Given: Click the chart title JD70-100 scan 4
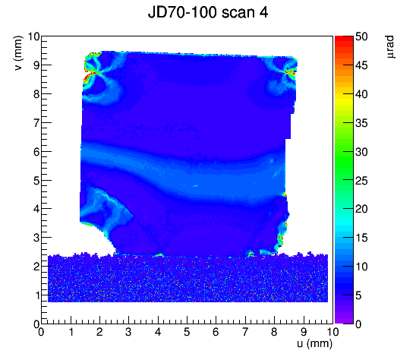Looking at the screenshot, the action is (208, 12).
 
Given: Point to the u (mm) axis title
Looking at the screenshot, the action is (314, 344).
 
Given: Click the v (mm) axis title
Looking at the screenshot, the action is (18, 53).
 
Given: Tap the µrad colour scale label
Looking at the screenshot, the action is (390, 47).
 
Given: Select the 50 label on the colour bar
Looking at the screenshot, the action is (361, 36).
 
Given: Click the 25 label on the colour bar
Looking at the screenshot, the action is (361, 181).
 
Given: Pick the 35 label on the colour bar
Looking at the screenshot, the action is (361, 123).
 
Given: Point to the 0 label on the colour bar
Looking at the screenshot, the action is (358, 324).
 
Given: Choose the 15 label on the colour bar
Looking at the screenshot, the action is (361, 238).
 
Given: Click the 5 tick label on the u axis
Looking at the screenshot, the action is (187, 332).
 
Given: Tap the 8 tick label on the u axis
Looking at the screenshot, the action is (274, 332).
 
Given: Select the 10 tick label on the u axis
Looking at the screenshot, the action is (332, 332).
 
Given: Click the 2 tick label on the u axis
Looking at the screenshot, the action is (99, 332).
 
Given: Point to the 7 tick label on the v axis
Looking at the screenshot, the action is (36, 123).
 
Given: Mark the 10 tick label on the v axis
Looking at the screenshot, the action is (33, 36).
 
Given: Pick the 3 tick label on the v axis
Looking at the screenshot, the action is (36, 238).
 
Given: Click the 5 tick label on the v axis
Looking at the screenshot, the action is (36, 181).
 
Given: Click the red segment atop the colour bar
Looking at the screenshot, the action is (344, 39).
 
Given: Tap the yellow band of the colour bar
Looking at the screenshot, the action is (344, 99).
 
